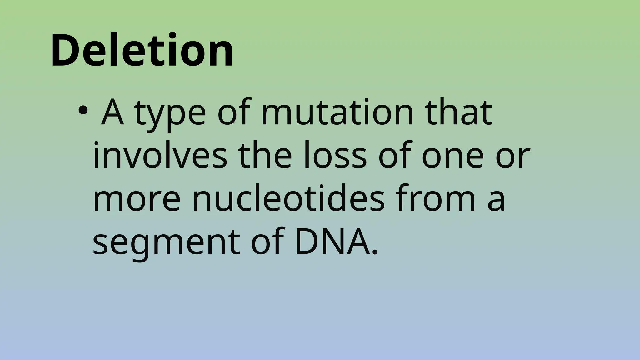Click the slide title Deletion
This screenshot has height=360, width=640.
(x=142, y=51)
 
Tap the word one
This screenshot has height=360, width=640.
(x=453, y=156)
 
